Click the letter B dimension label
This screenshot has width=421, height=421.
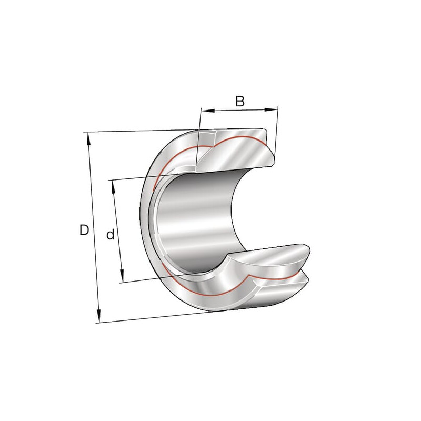(x=240, y=101)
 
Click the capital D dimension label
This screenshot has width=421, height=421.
(x=84, y=230)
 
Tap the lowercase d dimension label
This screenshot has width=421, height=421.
(x=111, y=234)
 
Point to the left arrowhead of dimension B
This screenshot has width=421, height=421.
(x=208, y=110)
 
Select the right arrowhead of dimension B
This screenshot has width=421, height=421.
(x=270, y=109)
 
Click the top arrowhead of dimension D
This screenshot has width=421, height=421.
(x=87, y=138)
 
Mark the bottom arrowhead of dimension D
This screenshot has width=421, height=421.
(x=98, y=316)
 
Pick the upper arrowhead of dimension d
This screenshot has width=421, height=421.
(x=113, y=187)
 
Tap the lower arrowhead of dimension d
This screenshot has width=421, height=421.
(x=122, y=276)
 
